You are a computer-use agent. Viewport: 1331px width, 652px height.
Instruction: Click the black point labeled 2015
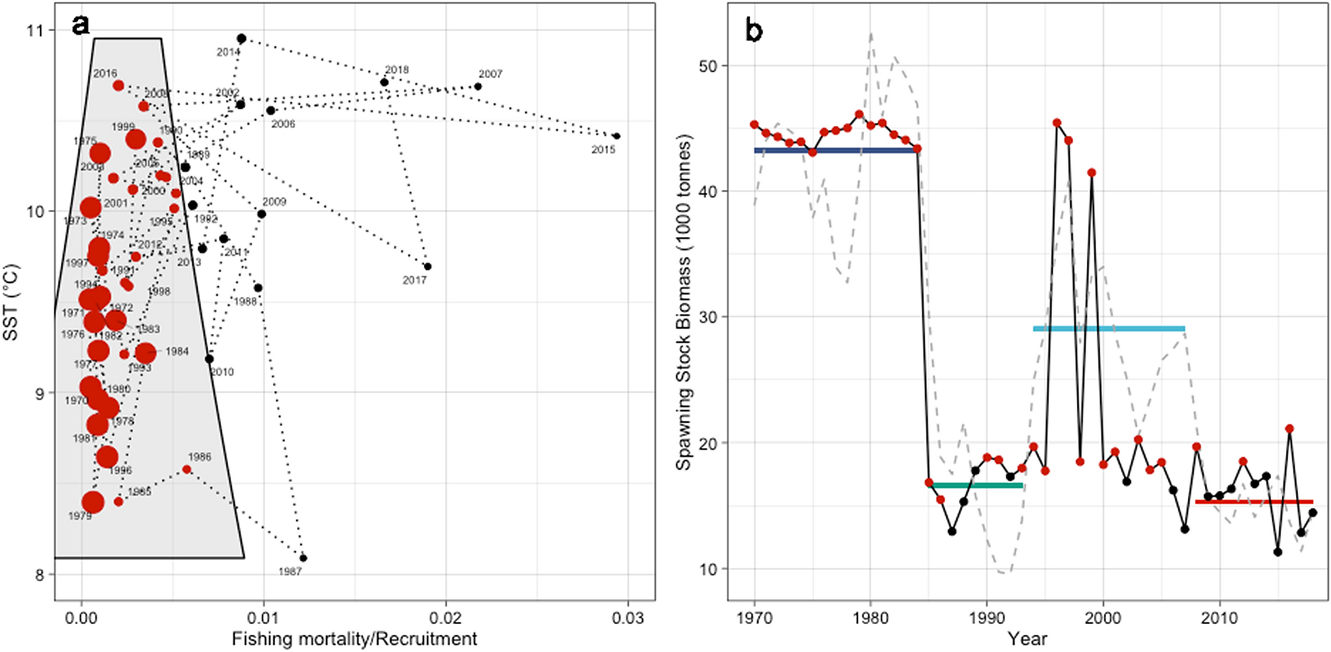tap(616, 136)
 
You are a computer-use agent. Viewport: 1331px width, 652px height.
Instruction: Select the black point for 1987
tap(303, 558)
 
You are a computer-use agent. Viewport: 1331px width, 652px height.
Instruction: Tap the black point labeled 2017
tap(428, 266)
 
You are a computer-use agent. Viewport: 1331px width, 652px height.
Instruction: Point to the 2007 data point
tap(477, 87)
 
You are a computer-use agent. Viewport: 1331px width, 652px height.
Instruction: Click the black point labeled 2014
tap(241, 39)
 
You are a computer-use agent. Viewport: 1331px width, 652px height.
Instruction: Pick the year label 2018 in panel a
tap(397, 70)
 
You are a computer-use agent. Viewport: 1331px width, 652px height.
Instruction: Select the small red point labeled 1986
tap(187, 469)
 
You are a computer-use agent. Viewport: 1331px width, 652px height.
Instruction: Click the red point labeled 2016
tap(119, 85)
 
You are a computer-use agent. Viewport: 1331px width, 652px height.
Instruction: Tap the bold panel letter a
tap(80, 25)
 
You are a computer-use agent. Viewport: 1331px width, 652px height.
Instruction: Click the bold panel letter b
tap(754, 30)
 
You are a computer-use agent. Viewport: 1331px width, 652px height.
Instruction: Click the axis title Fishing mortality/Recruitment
tap(354, 639)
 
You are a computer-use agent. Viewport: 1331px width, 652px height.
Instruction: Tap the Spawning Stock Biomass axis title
tap(684, 301)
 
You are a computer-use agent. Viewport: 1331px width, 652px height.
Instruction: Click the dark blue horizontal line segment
tap(836, 150)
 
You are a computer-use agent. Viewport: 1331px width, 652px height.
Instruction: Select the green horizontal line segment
tap(976, 486)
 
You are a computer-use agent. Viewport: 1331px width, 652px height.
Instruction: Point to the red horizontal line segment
tap(1253, 502)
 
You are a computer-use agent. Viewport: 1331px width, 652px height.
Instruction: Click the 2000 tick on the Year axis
tap(1103, 619)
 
